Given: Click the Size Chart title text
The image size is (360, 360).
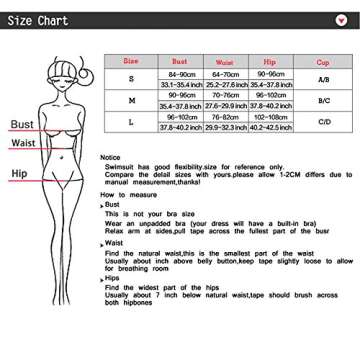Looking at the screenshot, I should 40,17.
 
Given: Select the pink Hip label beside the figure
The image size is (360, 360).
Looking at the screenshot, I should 19,174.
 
